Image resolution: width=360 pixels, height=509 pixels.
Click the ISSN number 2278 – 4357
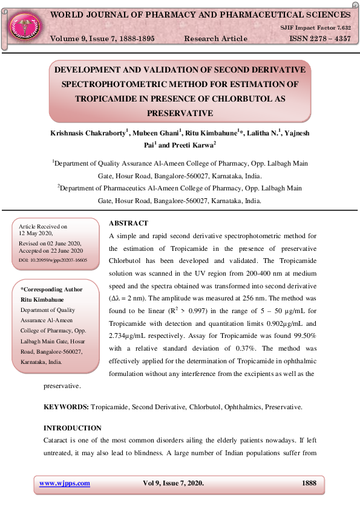(x=320, y=39)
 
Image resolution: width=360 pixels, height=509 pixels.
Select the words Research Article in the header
(x=215, y=39)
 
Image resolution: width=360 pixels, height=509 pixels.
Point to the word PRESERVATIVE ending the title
(x=180, y=112)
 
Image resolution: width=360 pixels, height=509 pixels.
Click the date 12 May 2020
(x=36, y=233)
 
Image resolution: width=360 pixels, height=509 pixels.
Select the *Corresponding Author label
(x=51, y=290)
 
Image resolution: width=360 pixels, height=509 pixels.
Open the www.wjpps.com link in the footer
(x=65, y=483)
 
